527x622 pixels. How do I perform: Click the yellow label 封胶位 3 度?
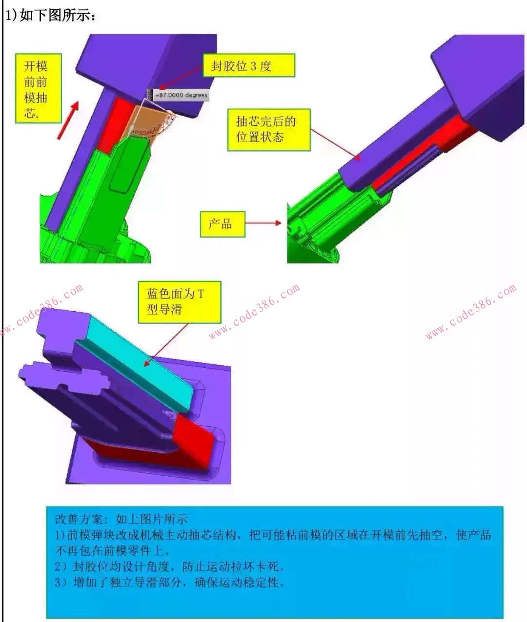(249, 66)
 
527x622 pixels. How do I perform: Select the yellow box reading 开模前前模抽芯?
(38, 88)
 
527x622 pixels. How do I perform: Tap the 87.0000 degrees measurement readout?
(181, 95)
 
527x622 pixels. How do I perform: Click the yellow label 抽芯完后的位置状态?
(268, 129)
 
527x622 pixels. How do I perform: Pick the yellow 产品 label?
(222, 224)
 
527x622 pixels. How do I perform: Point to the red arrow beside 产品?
(263, 223)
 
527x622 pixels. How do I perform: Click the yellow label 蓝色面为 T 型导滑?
(179, 301)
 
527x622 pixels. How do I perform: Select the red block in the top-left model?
(113, 122)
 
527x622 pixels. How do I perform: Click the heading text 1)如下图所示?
(51, 15)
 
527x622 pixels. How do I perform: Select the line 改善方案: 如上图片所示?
(121, 519)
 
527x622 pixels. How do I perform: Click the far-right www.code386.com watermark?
(470, 311)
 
